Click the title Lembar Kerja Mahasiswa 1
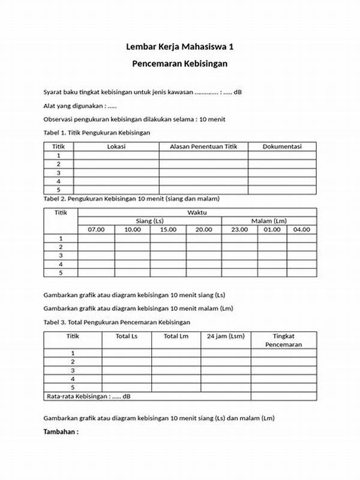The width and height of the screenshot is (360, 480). [180, 46]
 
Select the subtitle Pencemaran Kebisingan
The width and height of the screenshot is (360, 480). [180, 63]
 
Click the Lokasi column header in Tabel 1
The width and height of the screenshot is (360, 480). [116, 146]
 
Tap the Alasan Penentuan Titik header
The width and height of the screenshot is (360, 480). [203, 146]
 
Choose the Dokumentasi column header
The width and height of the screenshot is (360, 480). [281, 146]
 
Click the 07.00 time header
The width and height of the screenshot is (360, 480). [96, 229]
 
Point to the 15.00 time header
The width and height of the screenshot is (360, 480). [168, 229]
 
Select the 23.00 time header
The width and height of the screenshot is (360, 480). [239, 229]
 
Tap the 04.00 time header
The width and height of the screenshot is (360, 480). [302, 229]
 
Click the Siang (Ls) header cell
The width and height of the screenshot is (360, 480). [149, 221]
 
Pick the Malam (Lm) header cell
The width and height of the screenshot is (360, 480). [269, 221]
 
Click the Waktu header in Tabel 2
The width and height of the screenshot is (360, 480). [197, 212]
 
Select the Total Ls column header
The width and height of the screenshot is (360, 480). [127, 336]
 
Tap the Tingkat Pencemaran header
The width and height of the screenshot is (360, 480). [283, 340]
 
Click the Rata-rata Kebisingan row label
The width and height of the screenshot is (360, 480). [88, 396]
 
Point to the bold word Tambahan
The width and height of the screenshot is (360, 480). [61, 432]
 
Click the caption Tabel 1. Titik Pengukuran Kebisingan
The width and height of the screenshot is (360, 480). [97, 132]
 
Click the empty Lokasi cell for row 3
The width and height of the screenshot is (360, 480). [116, 173]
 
